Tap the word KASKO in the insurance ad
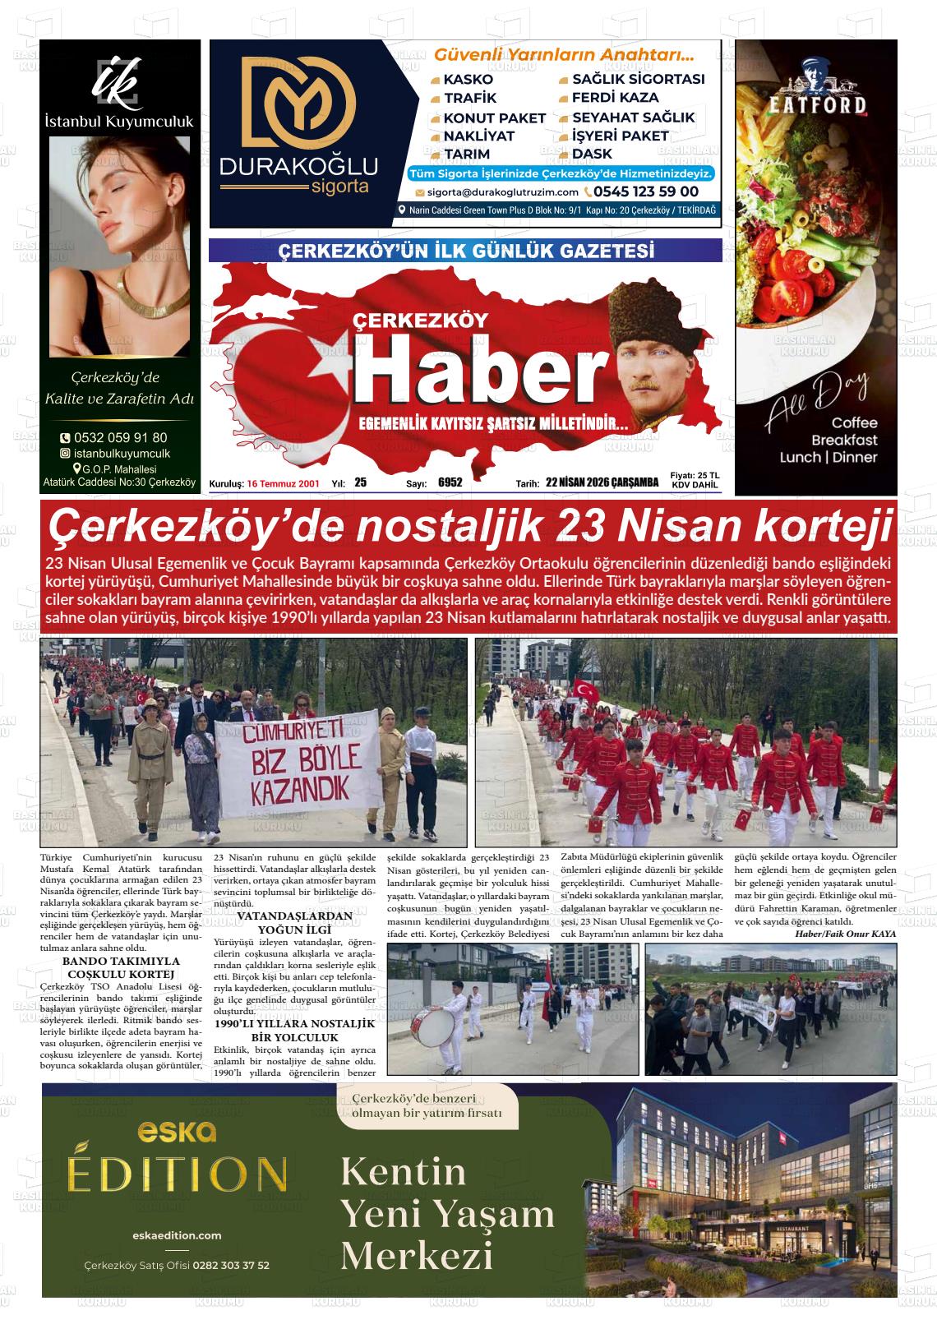[x=468, y=80]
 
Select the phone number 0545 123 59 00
[x=646, y=191]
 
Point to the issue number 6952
[x=450, y=483]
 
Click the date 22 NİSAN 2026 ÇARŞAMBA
[x=602, y=483]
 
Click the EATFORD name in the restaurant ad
[x=805, y=104]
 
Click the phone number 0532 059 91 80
[x=120, y=438]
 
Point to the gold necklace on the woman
[x=119, y=305]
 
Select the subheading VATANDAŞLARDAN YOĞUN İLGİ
[x=294, y=921]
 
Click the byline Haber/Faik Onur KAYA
[x=845, y=934]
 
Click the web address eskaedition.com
[x=177, y=1235]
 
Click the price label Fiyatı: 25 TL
[x=695, y=475]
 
